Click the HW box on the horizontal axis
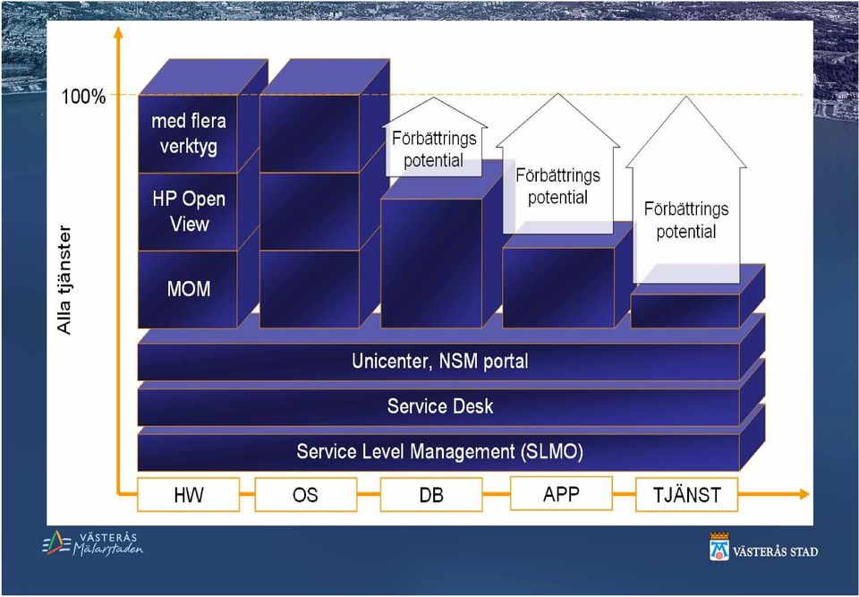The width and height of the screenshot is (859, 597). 189,494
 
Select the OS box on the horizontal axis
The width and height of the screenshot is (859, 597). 306,494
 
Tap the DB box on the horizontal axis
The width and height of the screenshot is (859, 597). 431,494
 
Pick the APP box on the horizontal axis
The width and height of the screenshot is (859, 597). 561,493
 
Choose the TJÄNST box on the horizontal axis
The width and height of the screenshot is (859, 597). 686,494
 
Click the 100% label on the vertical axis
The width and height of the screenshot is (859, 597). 83,97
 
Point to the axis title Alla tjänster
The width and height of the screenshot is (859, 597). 64,279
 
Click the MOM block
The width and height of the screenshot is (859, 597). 188,289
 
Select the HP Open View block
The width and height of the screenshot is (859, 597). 188,211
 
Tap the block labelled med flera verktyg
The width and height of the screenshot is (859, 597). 188,133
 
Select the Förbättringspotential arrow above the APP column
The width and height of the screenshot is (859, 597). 557,170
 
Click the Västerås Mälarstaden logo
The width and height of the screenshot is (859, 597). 92,543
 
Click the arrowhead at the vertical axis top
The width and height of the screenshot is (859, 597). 118,32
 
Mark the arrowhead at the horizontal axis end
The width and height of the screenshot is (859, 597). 804,494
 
